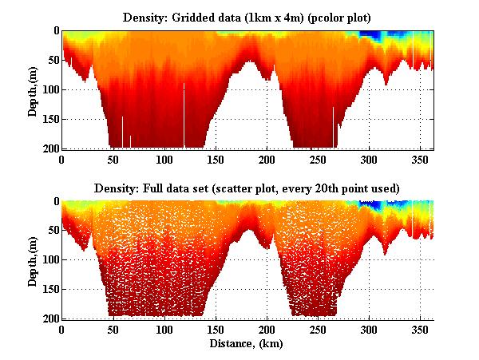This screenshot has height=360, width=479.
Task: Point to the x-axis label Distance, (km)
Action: tap(247, 344)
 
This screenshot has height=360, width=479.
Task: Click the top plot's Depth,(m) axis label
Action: tap(33, 89)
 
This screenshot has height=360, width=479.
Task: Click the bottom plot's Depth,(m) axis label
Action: tap(33, 259)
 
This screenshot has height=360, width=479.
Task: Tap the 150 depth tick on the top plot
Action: tap(49, 119)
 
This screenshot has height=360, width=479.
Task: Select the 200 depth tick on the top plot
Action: tap(49, 148)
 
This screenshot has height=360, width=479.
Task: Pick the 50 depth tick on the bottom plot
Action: tap(51, 231)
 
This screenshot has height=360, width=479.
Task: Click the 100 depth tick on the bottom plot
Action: tap(49, 260)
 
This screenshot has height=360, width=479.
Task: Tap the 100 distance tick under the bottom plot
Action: tap(164, 329)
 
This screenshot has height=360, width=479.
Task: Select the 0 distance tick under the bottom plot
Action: tap(62, 329)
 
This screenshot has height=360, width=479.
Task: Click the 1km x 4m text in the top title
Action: tap(271, 16)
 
